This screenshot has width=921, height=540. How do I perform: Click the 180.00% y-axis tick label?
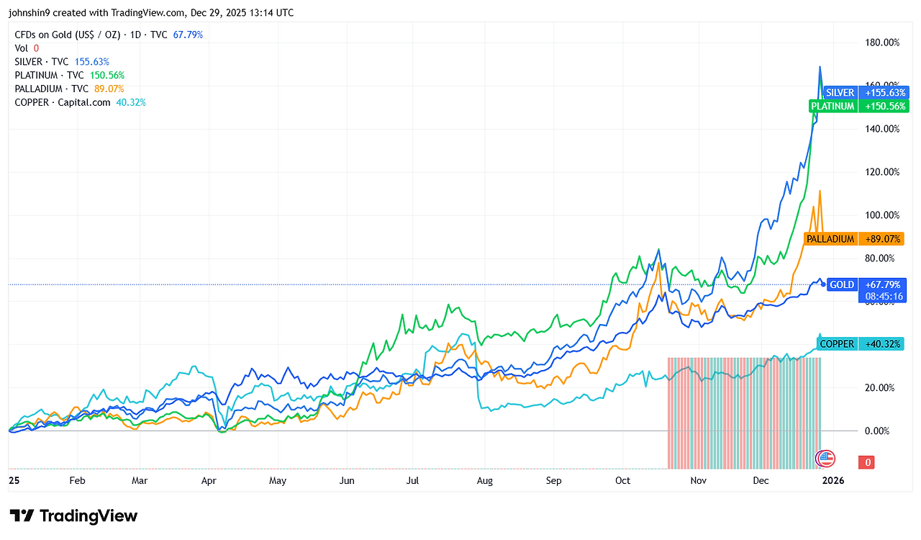tap(881, 42)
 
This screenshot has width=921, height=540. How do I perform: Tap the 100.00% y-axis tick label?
tap(881, 215)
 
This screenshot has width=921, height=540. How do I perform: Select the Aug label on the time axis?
tap(485, 480)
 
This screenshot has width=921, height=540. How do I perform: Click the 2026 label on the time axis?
tap(833, 480)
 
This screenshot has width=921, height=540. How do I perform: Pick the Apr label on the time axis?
tap(209, 480)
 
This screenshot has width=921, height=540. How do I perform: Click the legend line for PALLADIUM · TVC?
tap(69, 89)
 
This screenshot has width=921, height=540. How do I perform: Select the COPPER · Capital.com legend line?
tap(80, 102)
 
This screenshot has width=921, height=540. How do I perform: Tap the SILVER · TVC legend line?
tap(62, 62)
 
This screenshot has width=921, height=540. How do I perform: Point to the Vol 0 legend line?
tap(27, 48)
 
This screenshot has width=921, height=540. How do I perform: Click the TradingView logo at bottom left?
tap(73, 516)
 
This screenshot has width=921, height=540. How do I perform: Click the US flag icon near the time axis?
tap(826, 458)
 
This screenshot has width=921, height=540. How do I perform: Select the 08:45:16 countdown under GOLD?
tap(884, 296)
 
